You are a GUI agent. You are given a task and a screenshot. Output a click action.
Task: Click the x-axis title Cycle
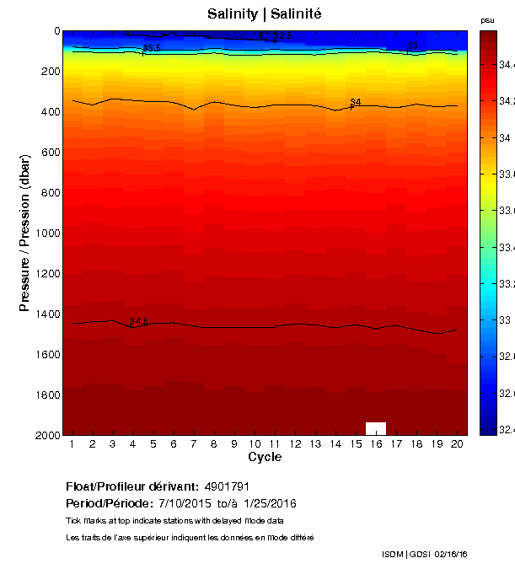point(264,457)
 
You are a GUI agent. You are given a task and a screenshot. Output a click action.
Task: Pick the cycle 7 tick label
point(193,443)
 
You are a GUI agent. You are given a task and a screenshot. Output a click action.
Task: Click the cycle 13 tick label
point(314,443)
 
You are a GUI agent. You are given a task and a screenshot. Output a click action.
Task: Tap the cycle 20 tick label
point(457,443)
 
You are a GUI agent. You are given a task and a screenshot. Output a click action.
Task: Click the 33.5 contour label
point(153,49)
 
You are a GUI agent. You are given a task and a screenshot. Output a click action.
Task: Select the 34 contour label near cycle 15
point(356,103)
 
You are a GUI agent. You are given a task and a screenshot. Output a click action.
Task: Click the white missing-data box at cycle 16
point(376,427)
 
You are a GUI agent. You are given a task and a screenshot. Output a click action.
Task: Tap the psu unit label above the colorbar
point(487,19)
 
